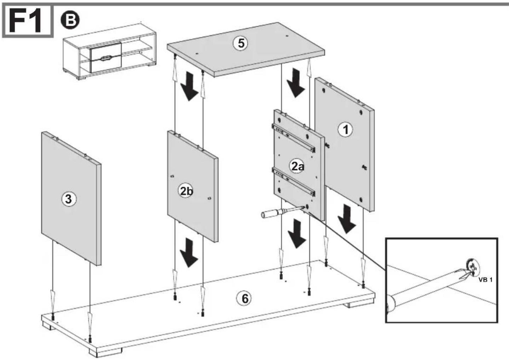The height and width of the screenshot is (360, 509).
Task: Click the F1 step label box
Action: point(28,21)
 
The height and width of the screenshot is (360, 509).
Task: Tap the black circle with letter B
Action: point(70,21)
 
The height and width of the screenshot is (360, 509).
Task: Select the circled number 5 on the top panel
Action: point(241,43)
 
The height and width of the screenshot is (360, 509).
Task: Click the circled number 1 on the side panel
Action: point(345,130)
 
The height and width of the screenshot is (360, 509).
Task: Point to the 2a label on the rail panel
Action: point(297,167)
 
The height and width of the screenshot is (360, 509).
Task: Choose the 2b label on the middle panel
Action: point(186,191)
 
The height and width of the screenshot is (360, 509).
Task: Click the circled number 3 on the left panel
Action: point(69,199)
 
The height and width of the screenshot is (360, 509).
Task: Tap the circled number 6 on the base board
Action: point(244,299)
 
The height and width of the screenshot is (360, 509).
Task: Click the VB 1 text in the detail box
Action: point(486,280)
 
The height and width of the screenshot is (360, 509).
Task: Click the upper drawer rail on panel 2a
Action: point(294,138)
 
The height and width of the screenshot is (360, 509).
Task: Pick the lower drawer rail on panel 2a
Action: point(294,182)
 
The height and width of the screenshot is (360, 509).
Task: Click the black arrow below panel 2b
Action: point(189,252)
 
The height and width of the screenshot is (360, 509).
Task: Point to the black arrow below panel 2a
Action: point(296,233)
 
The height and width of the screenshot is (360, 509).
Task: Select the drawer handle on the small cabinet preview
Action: point(105,59)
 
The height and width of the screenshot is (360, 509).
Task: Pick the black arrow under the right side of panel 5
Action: point(295,83)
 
